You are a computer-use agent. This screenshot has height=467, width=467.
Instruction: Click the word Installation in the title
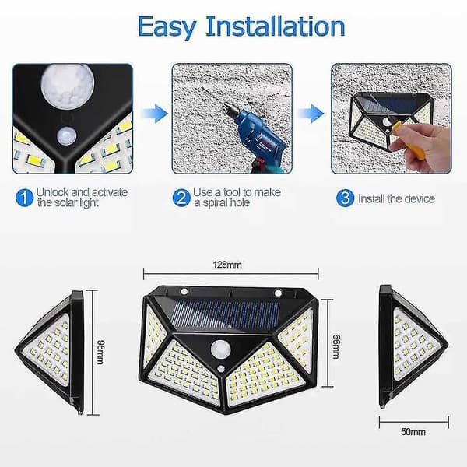pyautogui.click(x=276, y=26)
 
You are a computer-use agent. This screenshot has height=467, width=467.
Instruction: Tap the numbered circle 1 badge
pyautogui.click(x=24, y=198)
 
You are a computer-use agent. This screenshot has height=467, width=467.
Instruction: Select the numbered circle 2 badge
pyautogui.click(x=181, y=198)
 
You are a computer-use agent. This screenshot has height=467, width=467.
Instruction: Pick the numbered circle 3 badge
pyautogui.click(x=345, y=198)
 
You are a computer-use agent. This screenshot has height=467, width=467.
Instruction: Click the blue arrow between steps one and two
pyautogui.click(x=155, y=114)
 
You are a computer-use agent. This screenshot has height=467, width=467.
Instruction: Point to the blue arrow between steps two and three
pyautogui.click(x=311, y=114)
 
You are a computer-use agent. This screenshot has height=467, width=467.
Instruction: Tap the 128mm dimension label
pyautogui.click(x=227, y=265)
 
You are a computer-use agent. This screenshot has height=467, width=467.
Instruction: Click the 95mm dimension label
pyautogui.click(x=100, y=352)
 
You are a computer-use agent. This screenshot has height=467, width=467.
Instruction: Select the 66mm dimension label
pyautogui.click(x=335, y=346)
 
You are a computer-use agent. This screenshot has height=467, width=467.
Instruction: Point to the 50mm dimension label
pyautogui.click(x=413, y=432)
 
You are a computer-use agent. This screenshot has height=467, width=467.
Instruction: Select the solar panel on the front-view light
pyautogui.click(x=226, y=314)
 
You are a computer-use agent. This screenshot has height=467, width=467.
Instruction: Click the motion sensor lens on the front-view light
pyautogui.click(x=220, y=349)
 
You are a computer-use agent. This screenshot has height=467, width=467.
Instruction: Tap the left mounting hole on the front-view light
pyautogui.click(x=184, y=291)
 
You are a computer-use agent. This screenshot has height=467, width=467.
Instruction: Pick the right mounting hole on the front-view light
pyautogui.click(x=278, y=293)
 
